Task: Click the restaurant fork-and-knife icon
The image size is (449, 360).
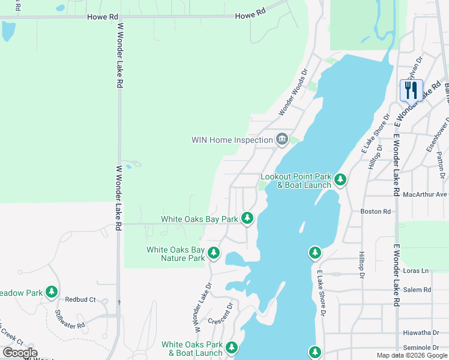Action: (x=411, y=91)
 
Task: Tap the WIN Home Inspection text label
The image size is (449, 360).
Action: (x=232, y=140)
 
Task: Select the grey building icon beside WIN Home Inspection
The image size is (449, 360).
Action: (x=282, y=140)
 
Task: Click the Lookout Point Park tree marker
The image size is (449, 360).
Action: (x=340, y=179)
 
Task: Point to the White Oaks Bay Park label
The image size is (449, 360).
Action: (x=199, y=220)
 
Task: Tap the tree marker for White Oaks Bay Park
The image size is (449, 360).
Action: (x=247, y=218)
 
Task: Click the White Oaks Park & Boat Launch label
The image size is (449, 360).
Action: (x=192, y=349)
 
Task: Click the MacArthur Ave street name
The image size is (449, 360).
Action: (x=426, y=194)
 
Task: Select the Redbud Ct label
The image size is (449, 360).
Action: (x=80, y=299)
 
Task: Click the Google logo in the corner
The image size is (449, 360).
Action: (x=20, y=353)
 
